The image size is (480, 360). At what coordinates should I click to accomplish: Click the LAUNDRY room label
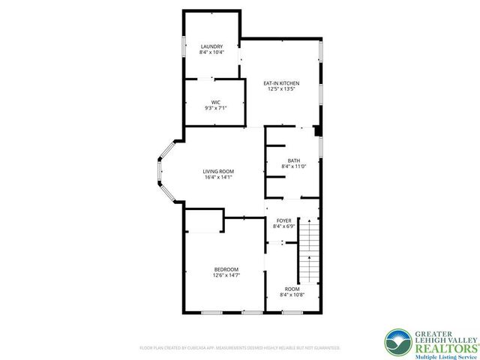[x=211, y=46]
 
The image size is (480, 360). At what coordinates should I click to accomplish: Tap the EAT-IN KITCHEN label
[x=281, y=82]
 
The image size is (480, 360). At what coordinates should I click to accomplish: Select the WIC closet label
[x=215, y=102]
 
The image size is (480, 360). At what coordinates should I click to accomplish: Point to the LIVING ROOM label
[x=218, y=172]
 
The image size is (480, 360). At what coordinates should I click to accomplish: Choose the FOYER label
[x=283, y=220]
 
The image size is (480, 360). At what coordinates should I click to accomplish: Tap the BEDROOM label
[x=226, y=269]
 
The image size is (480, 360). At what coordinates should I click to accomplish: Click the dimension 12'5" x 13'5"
[x=281, y=89]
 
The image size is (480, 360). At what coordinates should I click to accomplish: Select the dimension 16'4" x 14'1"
[x=218, y=178]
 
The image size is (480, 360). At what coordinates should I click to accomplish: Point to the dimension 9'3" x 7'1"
[x=215, y=108]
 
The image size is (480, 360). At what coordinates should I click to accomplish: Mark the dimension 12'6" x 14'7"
[x=226, y=275]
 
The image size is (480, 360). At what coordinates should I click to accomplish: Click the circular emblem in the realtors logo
[x=397, y=341]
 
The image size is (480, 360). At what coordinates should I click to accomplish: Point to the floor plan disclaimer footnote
[x=240, y=348]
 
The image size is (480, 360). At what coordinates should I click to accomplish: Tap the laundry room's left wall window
[x=184, y=44]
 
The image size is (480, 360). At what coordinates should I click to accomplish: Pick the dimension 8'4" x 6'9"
[x=283, y=226]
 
